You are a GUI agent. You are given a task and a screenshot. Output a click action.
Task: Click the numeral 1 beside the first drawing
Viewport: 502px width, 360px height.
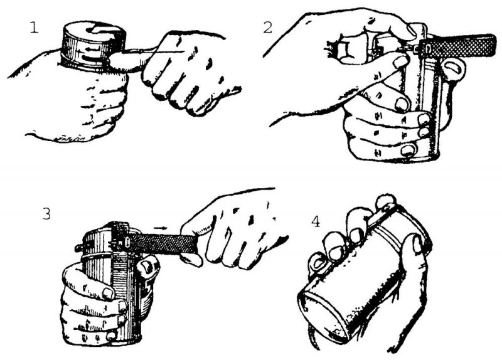(x=34, y=28)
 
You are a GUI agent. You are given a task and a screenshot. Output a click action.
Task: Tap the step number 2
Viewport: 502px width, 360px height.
(x=268, y=28)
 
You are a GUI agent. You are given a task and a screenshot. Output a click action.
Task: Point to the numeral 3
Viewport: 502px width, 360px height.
(x=46, y=214)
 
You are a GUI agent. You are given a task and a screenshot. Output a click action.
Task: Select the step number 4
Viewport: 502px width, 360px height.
(x=316, y=221)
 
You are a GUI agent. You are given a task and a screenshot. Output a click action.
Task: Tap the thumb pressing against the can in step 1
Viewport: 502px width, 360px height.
(x=128, y=61)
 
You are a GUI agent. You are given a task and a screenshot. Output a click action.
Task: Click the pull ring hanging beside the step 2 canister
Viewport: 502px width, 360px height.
(x=452, y=70)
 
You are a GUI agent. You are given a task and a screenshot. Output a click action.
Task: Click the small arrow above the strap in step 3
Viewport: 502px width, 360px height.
(x=160, y=228)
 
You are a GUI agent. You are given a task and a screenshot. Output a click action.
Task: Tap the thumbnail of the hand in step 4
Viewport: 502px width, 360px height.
(x=418, y=244)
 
